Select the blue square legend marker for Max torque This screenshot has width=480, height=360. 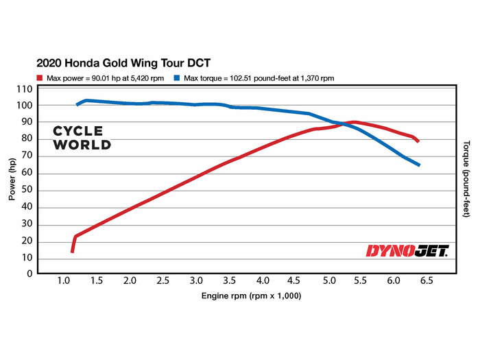point(178,78)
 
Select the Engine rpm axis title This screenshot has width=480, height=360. point(251,296)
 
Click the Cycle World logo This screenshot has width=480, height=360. point(82,138)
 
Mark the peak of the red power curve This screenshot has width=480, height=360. point(354,122)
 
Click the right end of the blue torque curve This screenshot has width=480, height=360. point(418,165)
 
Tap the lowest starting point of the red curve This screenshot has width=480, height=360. point(72,251)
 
